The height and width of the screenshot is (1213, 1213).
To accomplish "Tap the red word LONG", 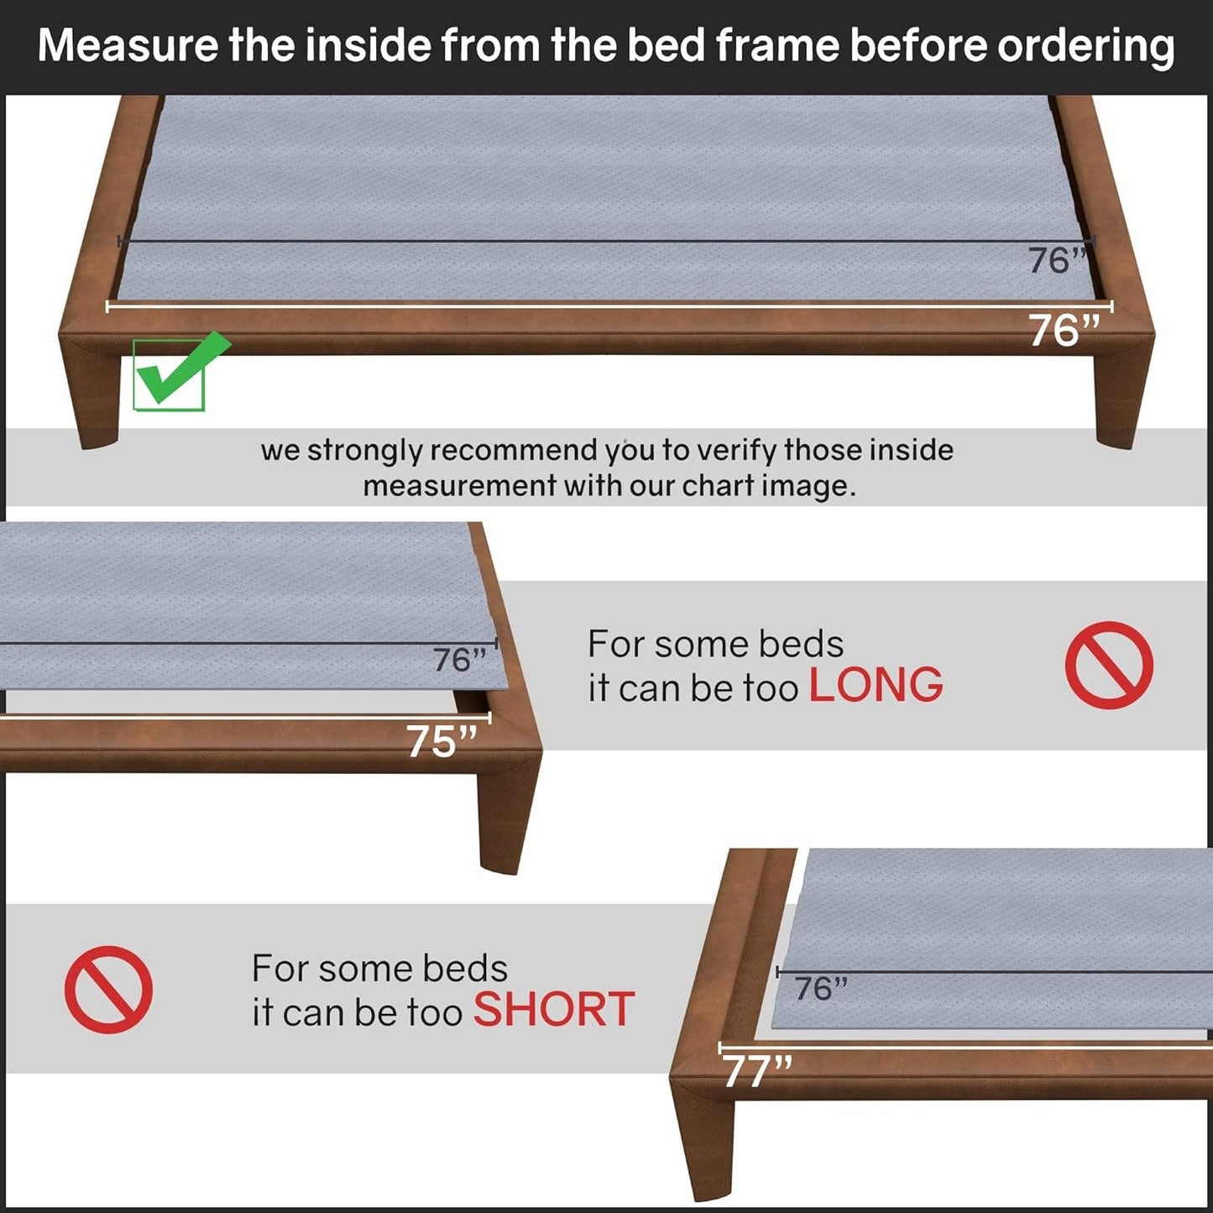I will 876,685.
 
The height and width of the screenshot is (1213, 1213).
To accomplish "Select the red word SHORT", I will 553,1009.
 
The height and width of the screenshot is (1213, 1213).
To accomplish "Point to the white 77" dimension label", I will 756,1071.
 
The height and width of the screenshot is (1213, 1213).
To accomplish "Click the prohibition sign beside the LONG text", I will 1109,665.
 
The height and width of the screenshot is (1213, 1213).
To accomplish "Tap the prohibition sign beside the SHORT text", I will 108,990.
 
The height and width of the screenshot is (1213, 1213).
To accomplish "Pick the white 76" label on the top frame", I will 1064,331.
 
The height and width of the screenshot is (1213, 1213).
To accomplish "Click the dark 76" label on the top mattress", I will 1056,261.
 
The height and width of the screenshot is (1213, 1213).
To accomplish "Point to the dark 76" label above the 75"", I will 459,661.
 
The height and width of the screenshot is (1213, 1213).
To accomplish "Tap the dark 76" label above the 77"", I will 820,989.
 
